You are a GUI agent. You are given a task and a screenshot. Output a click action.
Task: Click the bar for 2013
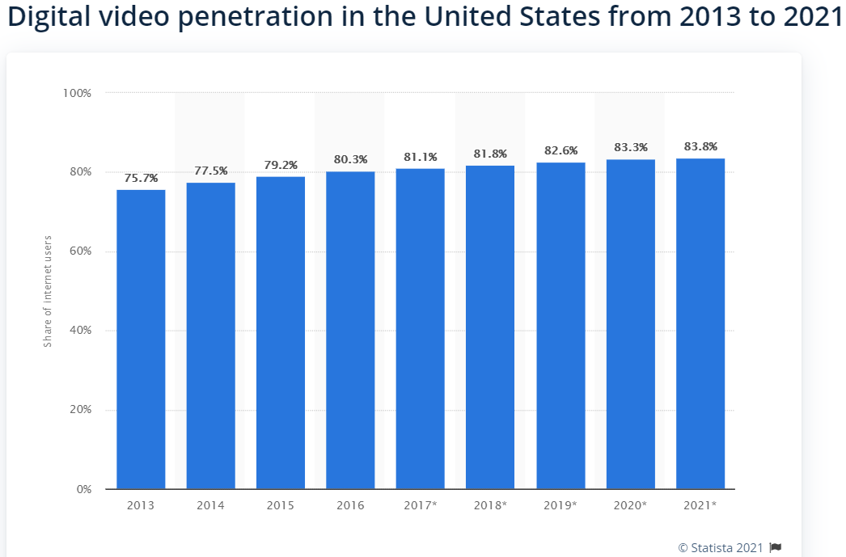pyautogui.click(x=141, y=340)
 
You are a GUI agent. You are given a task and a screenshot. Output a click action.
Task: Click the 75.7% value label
pyautogui.click(x=141, y=178)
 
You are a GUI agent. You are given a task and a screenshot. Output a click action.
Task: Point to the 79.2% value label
pyautogui.click(x=281, y=165)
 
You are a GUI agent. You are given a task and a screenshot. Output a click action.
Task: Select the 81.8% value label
pyautogui.click(x=490, y=154)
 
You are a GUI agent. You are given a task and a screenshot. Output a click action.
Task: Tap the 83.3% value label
pyautogui.click(x=630, y=147)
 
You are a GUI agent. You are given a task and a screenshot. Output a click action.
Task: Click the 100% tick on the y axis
pyautogui.click(x=77, y=93)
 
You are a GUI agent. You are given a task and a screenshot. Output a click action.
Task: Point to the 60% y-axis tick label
pyautogui.click(x=79, y=251)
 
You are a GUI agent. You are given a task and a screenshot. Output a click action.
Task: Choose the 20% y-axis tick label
pyautogui.click(x=79, y=410)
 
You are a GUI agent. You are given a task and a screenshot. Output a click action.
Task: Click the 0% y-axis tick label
pyautogui.click(x=82, y=489)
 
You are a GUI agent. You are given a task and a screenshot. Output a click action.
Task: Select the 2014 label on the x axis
pyautogui.click(x=210, y=506)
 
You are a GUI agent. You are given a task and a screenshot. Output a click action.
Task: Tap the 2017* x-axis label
pyautogui.click(x=420, y=506)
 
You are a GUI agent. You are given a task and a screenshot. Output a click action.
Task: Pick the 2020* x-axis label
pyautogui.click(x=630, y=506)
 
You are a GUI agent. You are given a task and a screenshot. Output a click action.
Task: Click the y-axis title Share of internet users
pyautogui.click(x=48, y=291)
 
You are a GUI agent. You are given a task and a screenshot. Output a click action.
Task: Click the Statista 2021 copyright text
pyautogui.click(x=721, y=547)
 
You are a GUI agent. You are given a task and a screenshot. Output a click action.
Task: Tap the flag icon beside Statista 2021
pyautogui.click(x=776, y=547)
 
